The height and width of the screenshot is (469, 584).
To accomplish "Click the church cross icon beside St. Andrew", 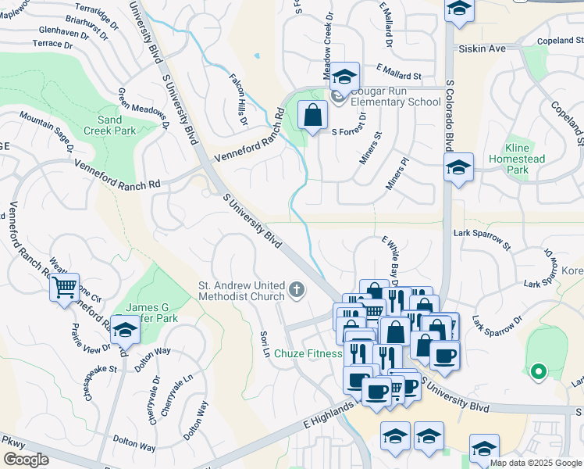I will [x=296, y=290].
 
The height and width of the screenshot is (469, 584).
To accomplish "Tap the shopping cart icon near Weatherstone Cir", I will [x=65, y=287].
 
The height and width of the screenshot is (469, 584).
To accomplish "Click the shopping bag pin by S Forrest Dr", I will [x=312, y=116].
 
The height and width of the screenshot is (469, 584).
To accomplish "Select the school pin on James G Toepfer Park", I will [x=123, y=331].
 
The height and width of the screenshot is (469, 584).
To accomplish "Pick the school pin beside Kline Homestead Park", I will [x=458, y=167].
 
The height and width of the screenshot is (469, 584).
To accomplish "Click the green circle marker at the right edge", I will [x=537, y=371].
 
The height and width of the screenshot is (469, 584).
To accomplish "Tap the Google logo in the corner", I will [x=25, y=460].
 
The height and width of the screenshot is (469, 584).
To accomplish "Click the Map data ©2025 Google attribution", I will [x=536, y=463].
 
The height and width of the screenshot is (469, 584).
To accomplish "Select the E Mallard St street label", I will [x=398, y=76].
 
